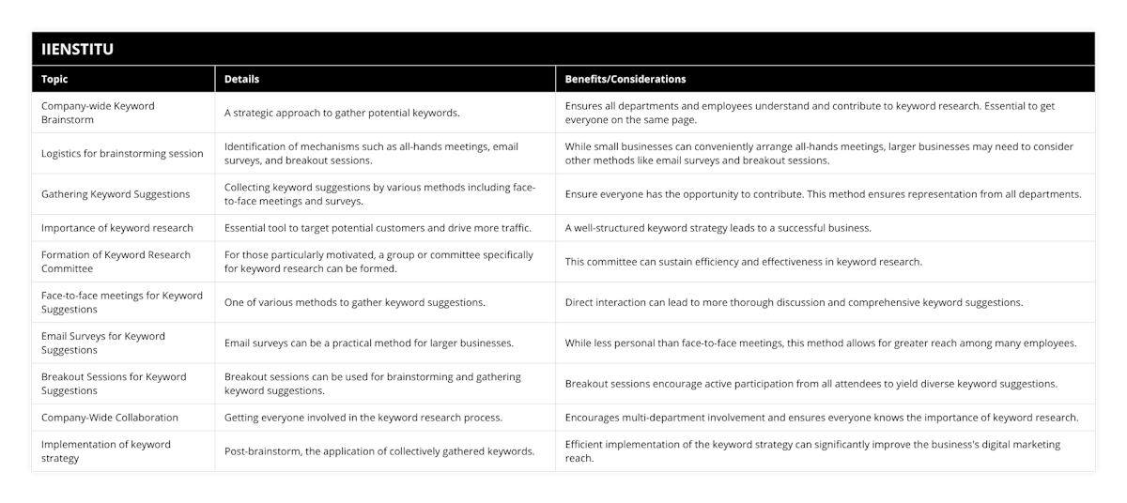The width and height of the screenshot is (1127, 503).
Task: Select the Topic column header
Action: [54, 80]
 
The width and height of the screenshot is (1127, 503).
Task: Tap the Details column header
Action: [241, 80]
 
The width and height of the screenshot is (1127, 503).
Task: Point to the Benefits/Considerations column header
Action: [625, 80]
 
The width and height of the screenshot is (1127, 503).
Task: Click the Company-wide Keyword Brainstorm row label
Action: [98, 113]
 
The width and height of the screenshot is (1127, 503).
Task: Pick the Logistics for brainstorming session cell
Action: [122, 153]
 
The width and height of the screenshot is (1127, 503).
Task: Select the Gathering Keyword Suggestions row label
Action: [116, 194]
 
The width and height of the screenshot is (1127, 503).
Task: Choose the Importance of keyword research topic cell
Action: [117, 228]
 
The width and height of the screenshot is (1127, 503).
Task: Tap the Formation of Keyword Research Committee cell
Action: [116, 262]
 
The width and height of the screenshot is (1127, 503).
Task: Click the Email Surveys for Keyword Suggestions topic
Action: [103, 343]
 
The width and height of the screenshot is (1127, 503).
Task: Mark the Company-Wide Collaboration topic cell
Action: [110, 418]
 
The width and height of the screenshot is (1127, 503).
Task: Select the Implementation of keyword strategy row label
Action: [106, 451]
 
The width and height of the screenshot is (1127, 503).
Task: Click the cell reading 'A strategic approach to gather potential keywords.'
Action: [342, 113]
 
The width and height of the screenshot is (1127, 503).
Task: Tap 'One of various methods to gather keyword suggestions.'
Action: [355, 302]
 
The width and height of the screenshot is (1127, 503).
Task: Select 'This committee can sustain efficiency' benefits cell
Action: [743, 262]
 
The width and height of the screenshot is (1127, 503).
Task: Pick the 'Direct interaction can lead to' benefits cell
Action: [794, 302]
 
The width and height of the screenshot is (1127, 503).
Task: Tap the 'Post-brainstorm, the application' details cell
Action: [379, 451]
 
